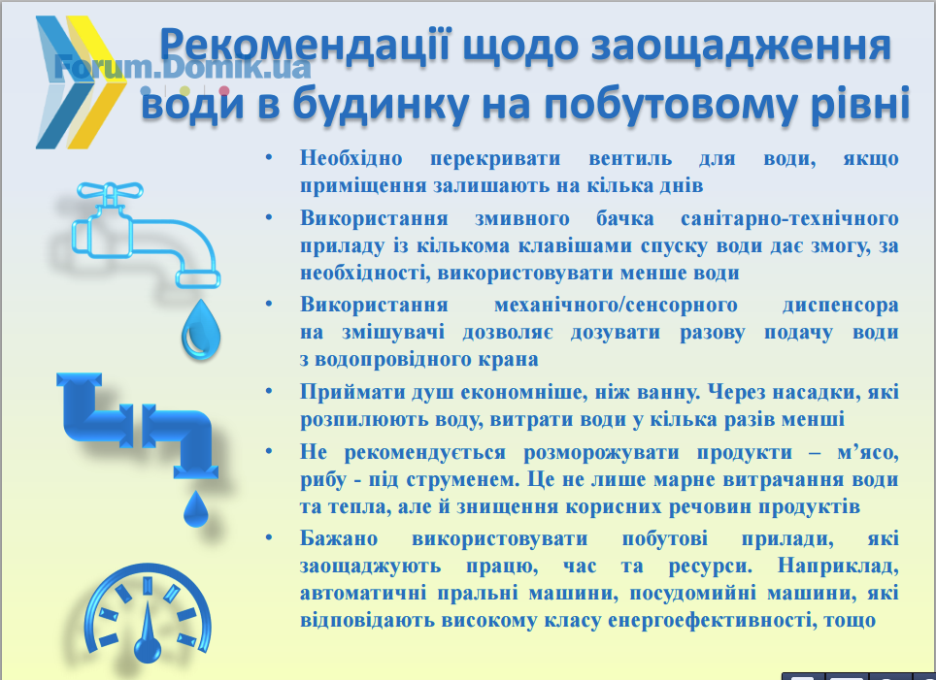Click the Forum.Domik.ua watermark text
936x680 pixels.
pos(183,67)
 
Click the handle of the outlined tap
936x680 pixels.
pos(111,191)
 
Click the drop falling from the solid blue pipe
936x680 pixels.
pos(195,509)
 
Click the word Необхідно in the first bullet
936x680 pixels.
pos(351,158)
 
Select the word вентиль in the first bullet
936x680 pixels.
pos(630,158)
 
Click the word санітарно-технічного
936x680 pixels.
pos(789,218)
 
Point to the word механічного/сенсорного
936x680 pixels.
pos(616,305)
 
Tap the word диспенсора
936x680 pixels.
pos(841,306)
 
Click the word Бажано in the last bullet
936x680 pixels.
pos(339,538)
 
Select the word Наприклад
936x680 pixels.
pos(838,566)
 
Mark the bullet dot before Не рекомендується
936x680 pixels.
pos(269,451)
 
